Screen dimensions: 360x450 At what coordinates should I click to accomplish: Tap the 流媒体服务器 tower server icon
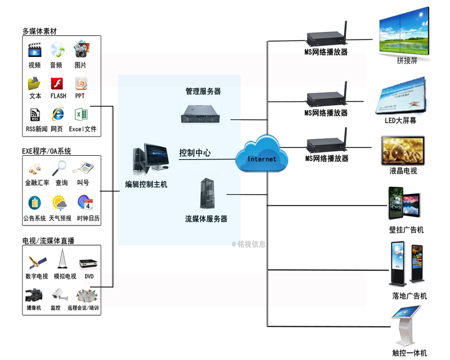click(206, 193)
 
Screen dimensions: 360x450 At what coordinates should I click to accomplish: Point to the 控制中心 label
click(195, 152)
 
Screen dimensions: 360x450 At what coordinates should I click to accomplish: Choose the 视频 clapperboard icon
click(34, 50)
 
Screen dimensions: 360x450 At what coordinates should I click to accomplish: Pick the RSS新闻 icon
click(35, 115)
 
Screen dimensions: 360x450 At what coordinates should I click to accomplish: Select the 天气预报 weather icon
click(59, 203)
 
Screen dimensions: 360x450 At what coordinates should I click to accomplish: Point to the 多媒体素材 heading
click(40, 31)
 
